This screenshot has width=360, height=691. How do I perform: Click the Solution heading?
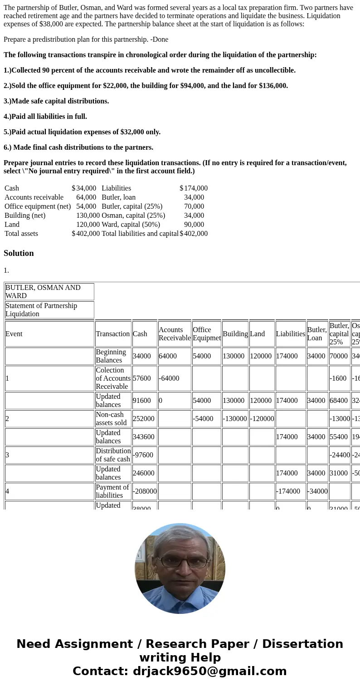19,253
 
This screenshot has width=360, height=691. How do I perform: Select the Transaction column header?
112,334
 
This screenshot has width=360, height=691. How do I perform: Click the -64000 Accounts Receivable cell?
169,378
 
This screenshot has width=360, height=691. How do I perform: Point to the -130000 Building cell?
235,419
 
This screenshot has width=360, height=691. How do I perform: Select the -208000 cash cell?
145,491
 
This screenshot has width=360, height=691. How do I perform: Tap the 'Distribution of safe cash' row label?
113,455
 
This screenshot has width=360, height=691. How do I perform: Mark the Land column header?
257,334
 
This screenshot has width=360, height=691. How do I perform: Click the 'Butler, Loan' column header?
316,334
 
